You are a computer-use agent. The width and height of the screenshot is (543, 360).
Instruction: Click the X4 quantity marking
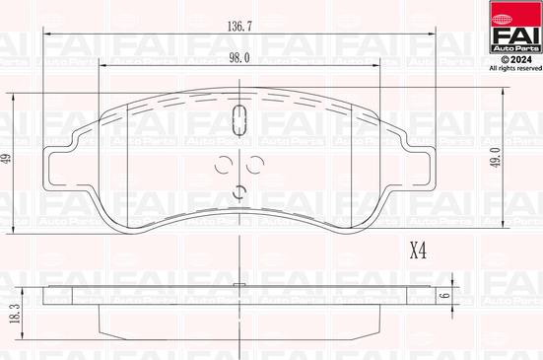tap(417, 251)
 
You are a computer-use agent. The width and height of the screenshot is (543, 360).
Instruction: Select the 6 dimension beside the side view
tap(444, 294)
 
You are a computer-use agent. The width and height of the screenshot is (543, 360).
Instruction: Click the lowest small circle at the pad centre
tap(238, 191)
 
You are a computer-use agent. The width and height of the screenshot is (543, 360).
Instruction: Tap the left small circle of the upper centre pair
tap(224, 165)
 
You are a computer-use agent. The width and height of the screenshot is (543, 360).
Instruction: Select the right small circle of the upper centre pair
tap(255, 165)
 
